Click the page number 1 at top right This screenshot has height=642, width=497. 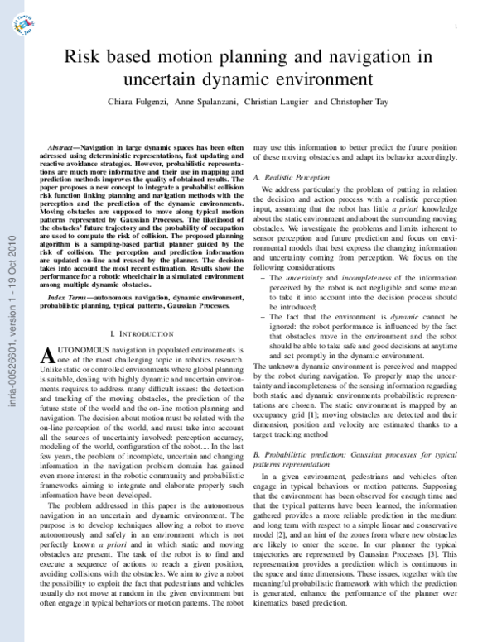tap(456, 27)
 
